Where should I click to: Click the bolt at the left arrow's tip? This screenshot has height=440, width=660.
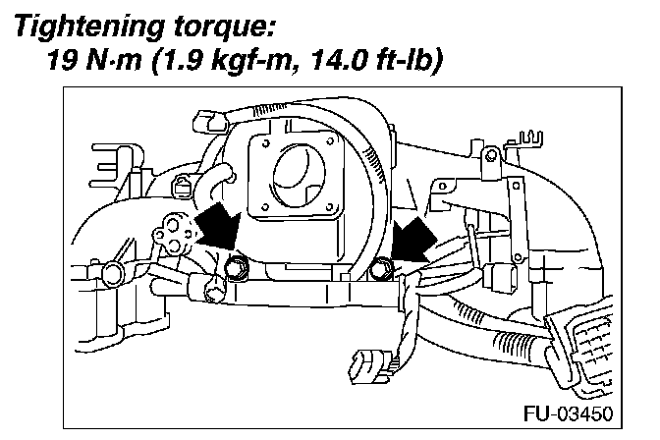(237, 265)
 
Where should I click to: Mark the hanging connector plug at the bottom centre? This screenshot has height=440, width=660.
(364, 367)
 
